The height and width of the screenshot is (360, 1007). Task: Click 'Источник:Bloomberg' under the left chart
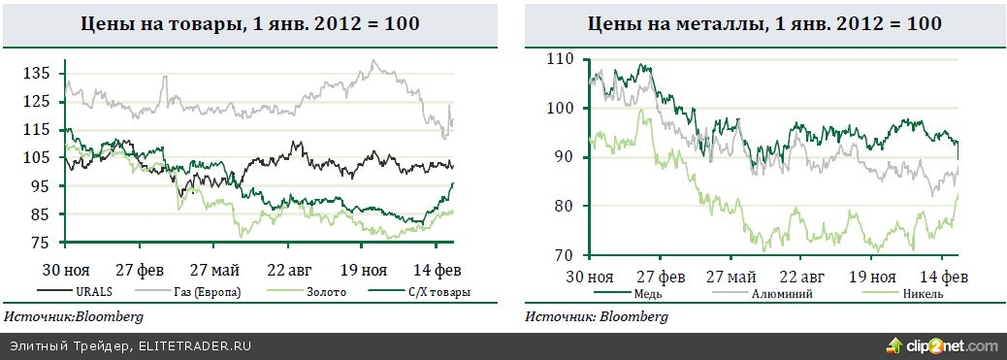(74, 317)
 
